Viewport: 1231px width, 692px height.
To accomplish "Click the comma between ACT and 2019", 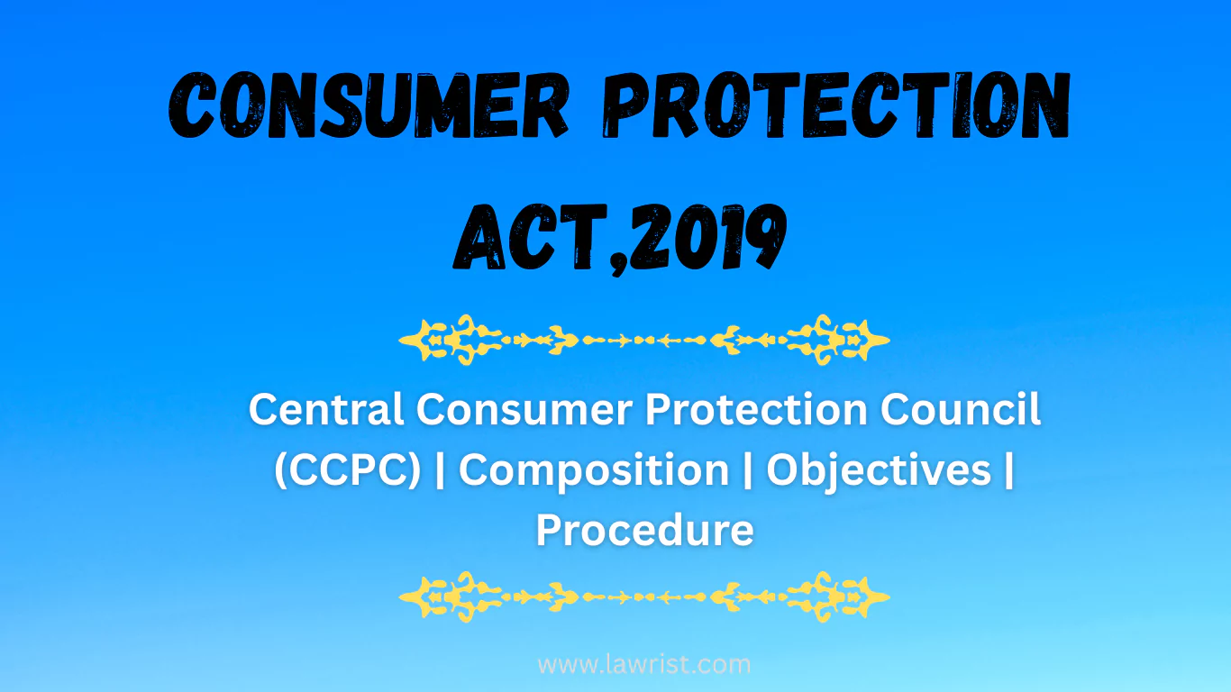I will coord(606,257).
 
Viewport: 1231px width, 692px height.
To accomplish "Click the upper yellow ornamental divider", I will coord(644,340).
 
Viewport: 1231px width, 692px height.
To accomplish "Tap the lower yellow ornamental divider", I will coord(644,596).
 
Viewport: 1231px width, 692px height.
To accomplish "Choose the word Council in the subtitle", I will coord(962,410).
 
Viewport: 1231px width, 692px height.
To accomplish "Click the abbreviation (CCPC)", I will coord(347,470).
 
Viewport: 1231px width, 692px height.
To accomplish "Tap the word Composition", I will coord(594,470).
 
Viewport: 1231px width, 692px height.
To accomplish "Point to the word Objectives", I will coord(879,470).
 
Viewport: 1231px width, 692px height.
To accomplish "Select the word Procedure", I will coord(644,530).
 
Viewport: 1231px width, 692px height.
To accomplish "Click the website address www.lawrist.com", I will coord(644,665).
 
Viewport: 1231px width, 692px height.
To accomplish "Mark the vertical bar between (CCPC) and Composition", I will coord(440,470).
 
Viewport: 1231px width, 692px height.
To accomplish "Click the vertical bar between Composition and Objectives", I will coord(748,470).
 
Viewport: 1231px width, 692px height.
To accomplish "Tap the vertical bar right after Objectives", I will coord(1008,470).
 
